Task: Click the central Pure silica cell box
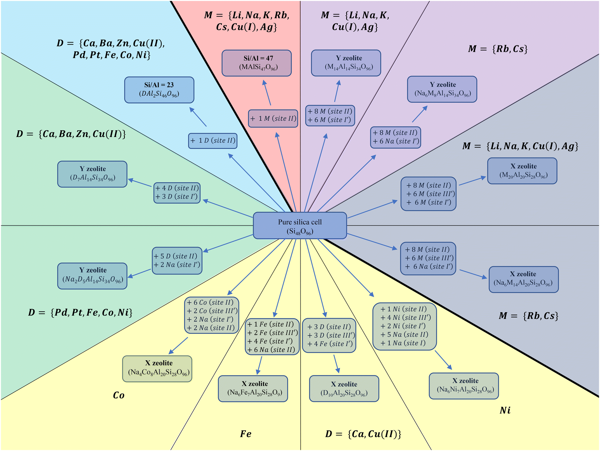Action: (300, 225)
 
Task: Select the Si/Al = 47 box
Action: (257, 63)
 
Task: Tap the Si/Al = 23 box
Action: (159, 90)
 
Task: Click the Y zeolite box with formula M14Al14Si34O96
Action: (346, 63)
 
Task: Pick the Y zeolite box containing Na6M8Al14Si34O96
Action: (442, 89)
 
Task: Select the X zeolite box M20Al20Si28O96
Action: (522, 171)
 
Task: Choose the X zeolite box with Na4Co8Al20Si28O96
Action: (157, 369)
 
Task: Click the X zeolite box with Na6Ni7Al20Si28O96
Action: (464, 386)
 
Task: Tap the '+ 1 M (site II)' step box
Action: (273, 118)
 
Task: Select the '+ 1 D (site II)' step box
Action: (213, 141)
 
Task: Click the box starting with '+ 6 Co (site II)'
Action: (212, 315)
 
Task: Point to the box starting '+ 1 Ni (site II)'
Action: (405, 326)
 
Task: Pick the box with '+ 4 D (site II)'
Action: (177, 193)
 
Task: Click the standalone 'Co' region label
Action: (119, 395)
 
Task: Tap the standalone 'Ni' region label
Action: (505, 410)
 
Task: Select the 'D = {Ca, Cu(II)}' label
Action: (363, 434)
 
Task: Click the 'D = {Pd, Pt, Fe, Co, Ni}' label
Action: (80, 313)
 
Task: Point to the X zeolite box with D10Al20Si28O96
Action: (344, 388)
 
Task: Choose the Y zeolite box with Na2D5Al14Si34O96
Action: (92, 276)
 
